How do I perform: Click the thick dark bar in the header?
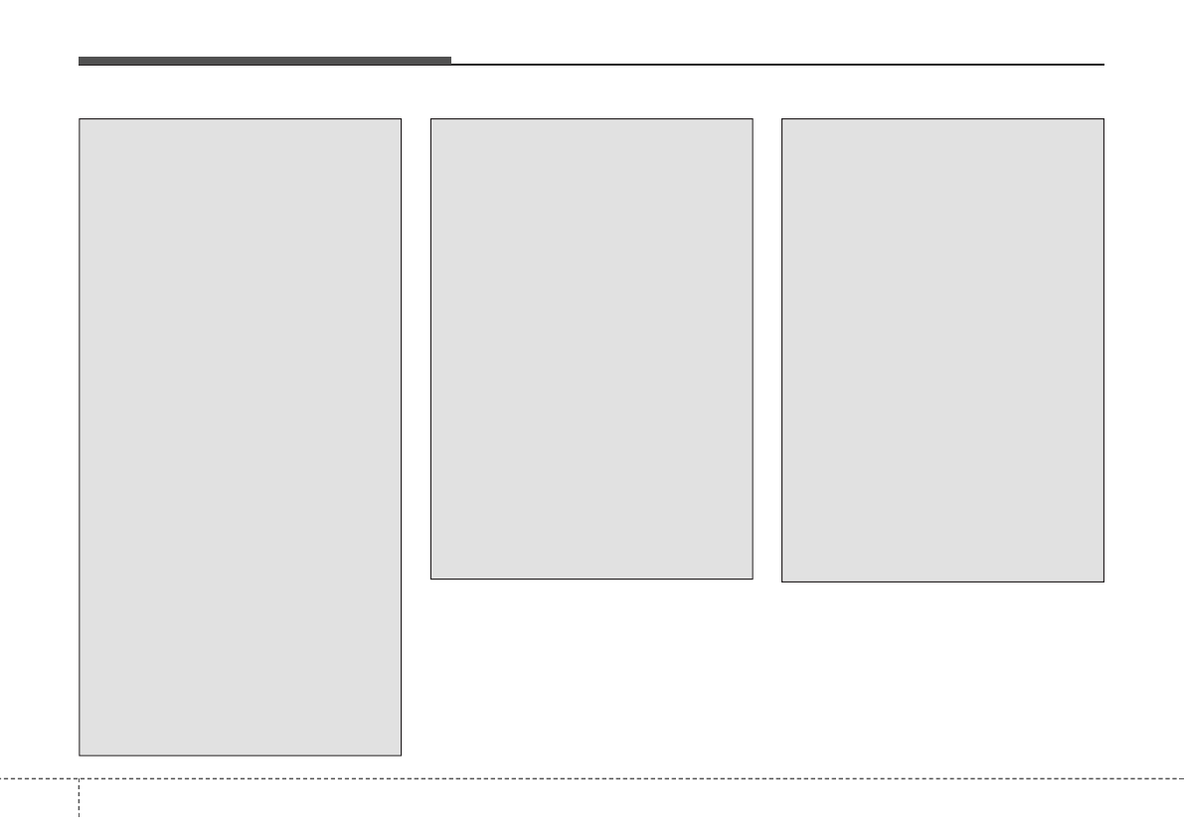click(x=264, y=61)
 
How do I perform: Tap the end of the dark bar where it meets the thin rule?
click(x=450, y=62)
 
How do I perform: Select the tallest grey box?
click(x=240, y=437)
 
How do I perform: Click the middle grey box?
click(x=592, y=349)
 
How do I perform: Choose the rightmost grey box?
click(x=942, y=350)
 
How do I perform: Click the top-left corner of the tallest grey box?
click(x=80, y=119)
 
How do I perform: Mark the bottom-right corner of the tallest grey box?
click(x=401, y=755)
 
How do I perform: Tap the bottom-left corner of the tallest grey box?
click(x=80, y=755)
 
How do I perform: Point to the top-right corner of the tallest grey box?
click(x=401, y=119)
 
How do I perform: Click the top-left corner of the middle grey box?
click(x=430, y=119)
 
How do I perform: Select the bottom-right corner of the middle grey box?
click(x=753, y=579)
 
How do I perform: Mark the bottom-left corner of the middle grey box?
click(x=430, y=579)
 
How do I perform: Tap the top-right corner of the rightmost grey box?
click(x=1103, y=119)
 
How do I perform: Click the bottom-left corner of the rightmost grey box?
click(x=782, y=582)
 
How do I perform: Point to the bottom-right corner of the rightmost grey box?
click(x=1103, y=582)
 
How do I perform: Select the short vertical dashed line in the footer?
click(x=79, y=805)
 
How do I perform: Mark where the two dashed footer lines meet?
click(x=79, y=777)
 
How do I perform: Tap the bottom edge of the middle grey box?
click(x=592, y=579)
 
